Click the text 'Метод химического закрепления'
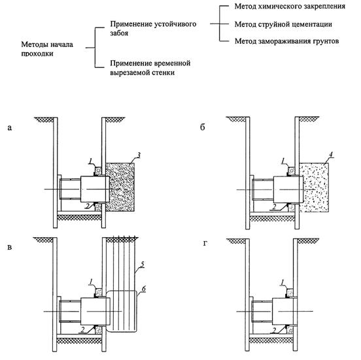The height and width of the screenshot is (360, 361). (x=290, y=7)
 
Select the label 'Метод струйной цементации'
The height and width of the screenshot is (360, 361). (x=283, y=24)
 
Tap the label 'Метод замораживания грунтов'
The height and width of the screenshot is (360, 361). (x=286, y=41)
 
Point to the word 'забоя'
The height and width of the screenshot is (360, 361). (x=119, y=33)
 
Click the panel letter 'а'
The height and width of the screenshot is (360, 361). (x=9, y=127)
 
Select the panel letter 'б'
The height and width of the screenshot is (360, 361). (x=202, y=127)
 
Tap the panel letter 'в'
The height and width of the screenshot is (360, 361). (x=9, y=247)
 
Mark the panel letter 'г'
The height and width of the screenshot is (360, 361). (x=205, y=243)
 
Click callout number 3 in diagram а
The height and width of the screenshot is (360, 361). (x=139, y=155)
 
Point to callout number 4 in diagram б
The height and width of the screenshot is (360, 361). (x=331, y=155)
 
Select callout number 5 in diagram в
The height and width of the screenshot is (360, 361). (x=143, y=265)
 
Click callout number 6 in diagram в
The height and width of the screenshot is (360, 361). (x=144, y=289)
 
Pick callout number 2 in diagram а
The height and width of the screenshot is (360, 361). (x=87, y=206)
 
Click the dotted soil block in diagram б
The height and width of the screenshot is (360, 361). (x=314, y=188)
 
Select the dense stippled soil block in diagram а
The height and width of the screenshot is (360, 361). (x=120, y=188)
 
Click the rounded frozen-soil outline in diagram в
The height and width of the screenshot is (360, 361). (x=137, y=311)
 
